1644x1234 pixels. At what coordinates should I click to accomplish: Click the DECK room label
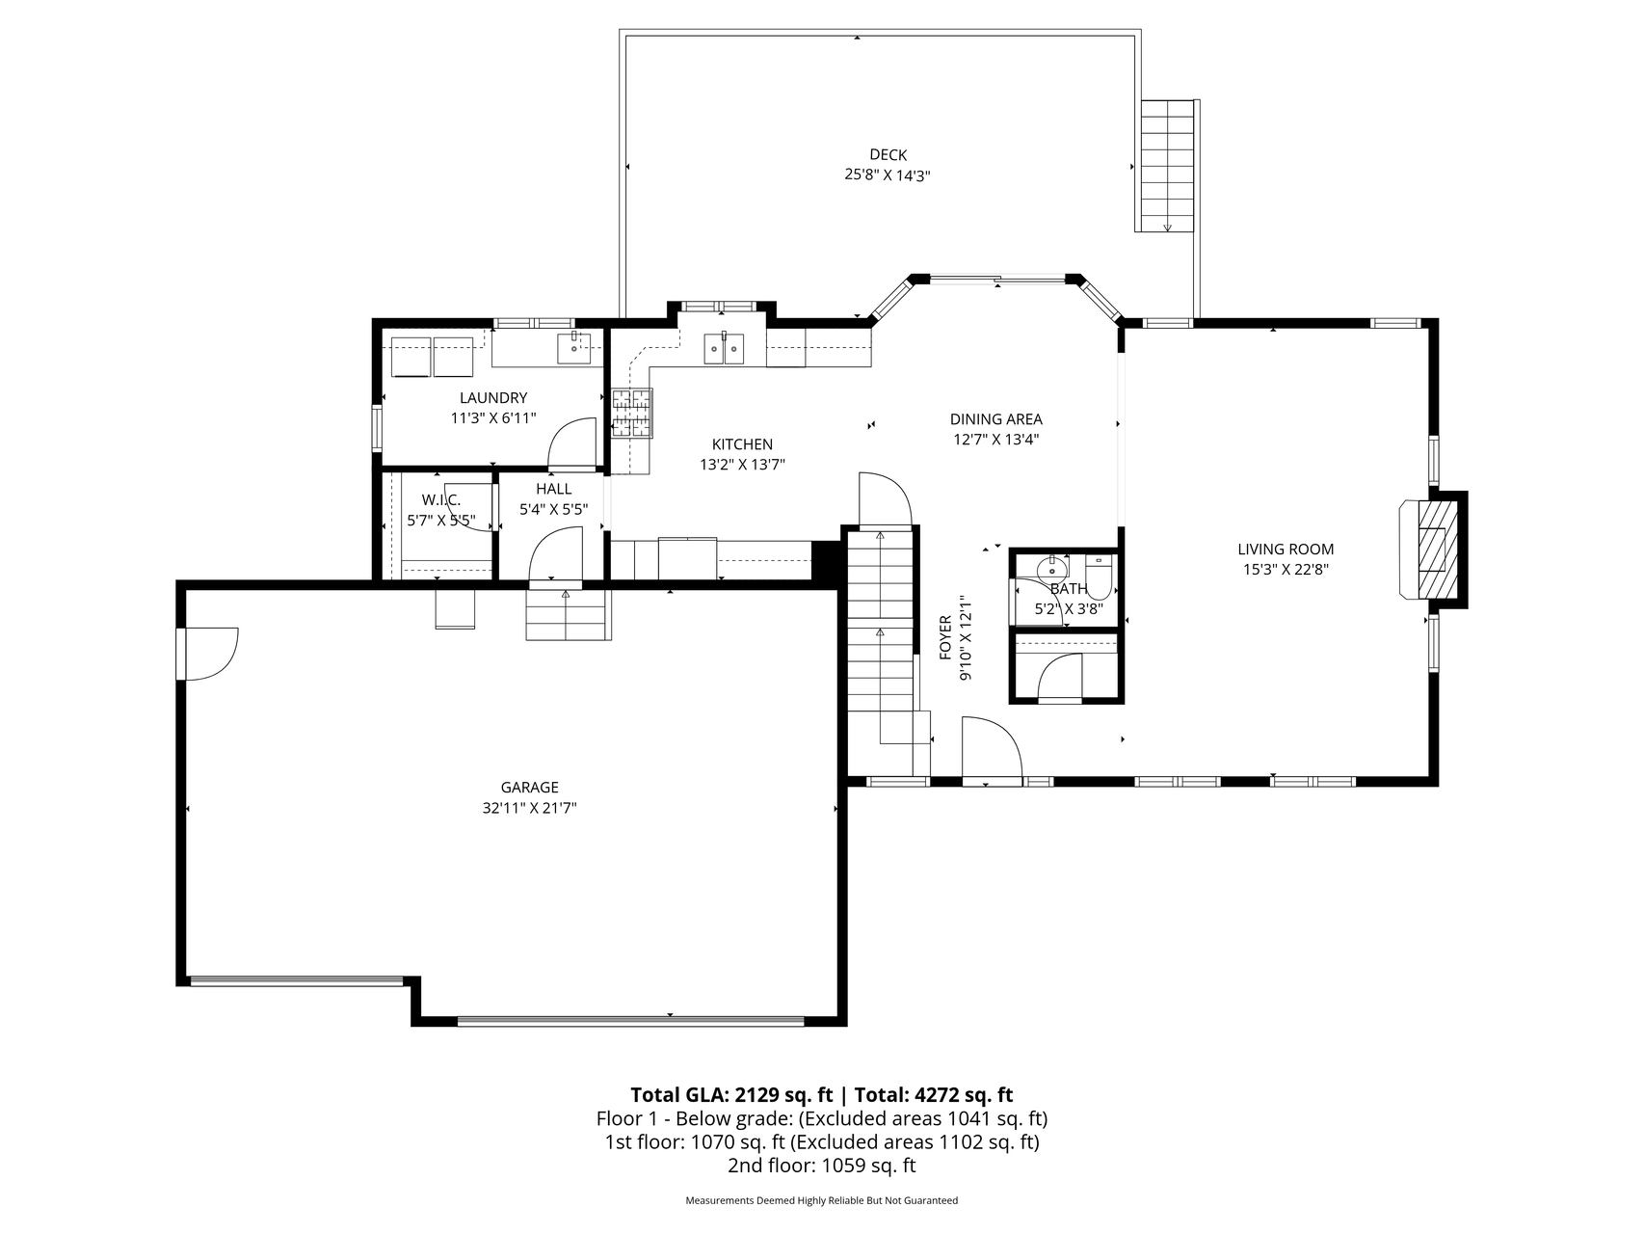click(888, 154)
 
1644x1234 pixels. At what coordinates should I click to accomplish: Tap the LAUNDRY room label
click(493, 398)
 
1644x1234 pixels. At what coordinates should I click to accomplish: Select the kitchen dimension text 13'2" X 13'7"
click(742, 465)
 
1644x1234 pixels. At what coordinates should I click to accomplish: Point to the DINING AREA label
click(995, 419)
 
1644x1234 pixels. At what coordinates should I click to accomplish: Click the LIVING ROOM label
click(1286, 550)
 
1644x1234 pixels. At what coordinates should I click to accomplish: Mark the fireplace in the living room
click(1433, 550)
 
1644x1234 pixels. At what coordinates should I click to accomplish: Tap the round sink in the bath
click(1052, 566)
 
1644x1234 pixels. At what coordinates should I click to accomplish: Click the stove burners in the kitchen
click(631, 413)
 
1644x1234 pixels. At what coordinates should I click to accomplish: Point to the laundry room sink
click(574, 348)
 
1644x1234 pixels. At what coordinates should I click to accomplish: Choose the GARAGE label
click(529, 788)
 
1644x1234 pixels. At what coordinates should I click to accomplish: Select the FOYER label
click(945, 637)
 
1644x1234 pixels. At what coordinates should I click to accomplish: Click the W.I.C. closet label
click(441, 499)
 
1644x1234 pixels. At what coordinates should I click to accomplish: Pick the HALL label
click(554, 489)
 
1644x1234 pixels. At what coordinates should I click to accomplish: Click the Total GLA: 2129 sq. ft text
click(732, 1094)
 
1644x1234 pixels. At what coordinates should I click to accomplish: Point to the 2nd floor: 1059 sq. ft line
click(822, 1166)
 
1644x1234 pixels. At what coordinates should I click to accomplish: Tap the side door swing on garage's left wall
click(207, 655)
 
